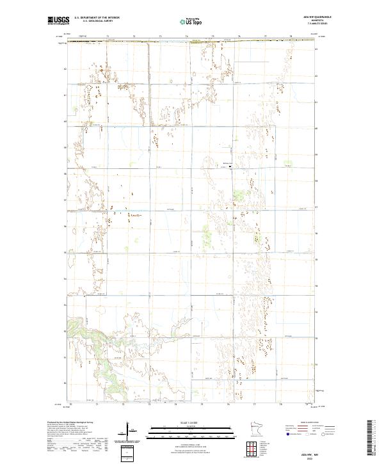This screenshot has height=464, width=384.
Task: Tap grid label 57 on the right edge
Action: tap(317, 207)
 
